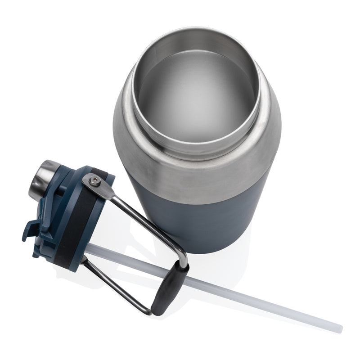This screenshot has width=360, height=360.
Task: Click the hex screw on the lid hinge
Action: pos(94,181)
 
